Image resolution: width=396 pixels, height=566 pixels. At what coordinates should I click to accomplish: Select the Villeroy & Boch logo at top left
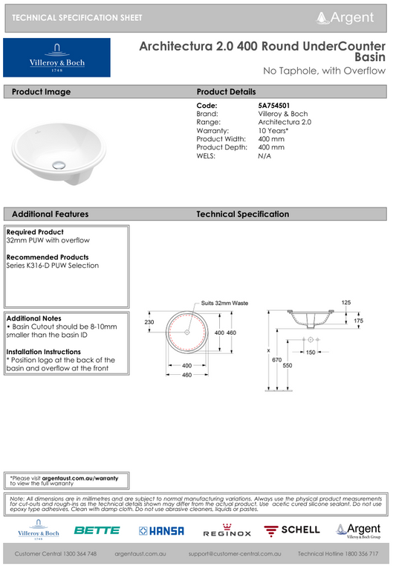57,58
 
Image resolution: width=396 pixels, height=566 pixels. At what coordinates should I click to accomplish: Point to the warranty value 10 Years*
273,130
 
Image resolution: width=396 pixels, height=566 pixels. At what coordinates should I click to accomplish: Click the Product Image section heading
42,91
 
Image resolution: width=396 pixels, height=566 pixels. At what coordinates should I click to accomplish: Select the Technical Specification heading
242,214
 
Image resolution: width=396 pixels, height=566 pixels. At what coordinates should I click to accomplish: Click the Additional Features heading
51,214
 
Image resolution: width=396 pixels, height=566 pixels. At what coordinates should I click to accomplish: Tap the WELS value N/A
264,155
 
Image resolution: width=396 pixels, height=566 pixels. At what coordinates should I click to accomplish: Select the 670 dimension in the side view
276,359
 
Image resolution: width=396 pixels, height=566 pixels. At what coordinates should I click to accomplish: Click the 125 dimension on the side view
346,303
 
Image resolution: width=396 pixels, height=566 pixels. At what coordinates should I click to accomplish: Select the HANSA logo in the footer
161,530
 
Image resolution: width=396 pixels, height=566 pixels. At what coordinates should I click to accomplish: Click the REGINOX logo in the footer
227,533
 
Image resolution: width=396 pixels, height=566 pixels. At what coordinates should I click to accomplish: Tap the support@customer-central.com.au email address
235,555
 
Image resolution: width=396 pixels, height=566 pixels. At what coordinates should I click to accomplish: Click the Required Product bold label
35,232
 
